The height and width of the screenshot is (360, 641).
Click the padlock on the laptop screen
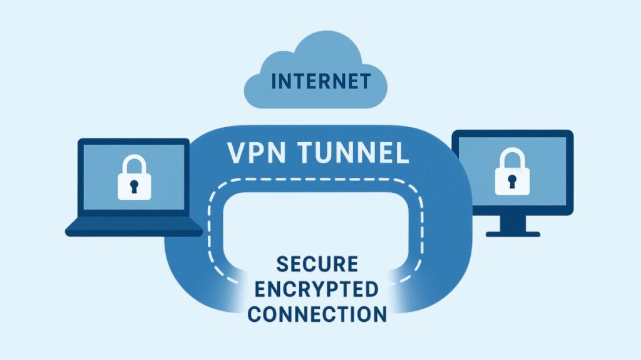(133, 178)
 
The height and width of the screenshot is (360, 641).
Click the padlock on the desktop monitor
(511, 173)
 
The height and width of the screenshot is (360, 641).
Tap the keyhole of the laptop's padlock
(133, 185)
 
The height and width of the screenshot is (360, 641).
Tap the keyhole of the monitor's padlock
(511, 181)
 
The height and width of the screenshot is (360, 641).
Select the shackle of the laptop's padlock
(133, 164)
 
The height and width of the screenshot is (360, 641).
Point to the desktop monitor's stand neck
(512, 222)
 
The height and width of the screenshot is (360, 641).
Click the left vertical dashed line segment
(210, 232)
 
